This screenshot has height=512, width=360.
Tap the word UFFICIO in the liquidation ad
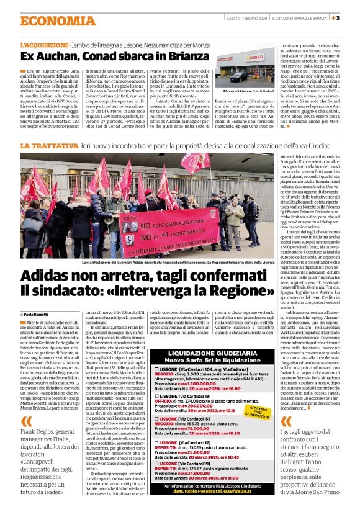click(164, 402)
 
